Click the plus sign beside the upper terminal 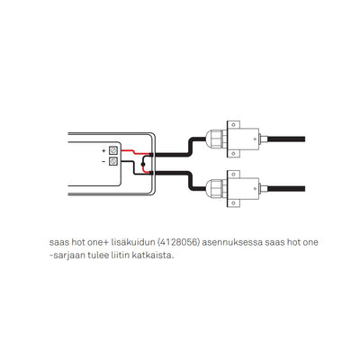point(103,150)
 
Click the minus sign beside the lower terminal point(103,161)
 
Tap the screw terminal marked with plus point(112,149)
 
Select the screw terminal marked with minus point(112,161)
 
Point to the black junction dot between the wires point(143,164)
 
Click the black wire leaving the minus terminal point(134,167)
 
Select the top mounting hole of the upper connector point(233,124)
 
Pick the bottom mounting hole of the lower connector point(233,203)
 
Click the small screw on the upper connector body point(255,139)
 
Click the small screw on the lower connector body point(255,188)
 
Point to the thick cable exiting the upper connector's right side point(286,139)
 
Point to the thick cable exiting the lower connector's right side point(286,189)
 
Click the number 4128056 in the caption point(178,242)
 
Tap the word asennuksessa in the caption point(232,242)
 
